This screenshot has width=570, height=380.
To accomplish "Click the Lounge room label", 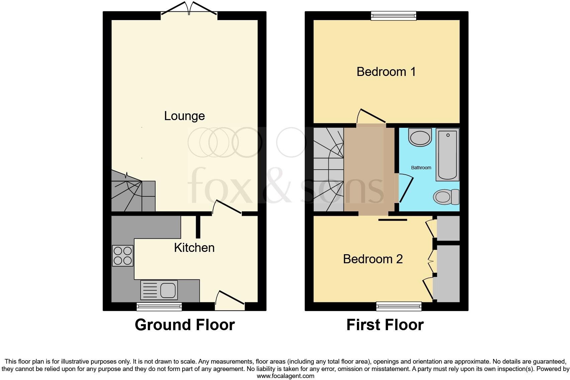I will [x=184, y=116].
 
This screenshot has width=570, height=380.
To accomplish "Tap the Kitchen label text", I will [x=194, y=248].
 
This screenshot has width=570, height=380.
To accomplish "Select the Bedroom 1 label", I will [x=386, y=72].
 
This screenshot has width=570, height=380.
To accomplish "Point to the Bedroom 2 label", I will [x=373, y=259].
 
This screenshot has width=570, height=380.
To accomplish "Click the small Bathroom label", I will [x=421, y=168].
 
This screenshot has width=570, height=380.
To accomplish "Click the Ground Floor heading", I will [x=185, y=325].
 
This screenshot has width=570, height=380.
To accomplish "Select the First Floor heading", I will [x=385, y=325].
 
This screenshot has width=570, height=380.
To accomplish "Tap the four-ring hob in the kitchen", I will [x=122, y=256].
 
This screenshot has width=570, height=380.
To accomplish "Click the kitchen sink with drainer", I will [x=159, y=290].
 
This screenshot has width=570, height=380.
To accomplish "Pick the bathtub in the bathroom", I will [x=448, y=155].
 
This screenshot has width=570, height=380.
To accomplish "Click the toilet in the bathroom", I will [x=446, y=197].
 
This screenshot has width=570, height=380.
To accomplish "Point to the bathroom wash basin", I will [x=420, y=137].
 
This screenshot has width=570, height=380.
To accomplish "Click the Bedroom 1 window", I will [x=393, y=15].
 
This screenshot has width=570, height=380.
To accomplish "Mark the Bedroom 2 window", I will [x=399, y=306].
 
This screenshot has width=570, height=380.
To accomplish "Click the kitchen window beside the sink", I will [x=159, y=306].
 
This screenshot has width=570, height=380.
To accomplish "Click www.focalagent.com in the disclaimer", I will [x=285, y=376].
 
